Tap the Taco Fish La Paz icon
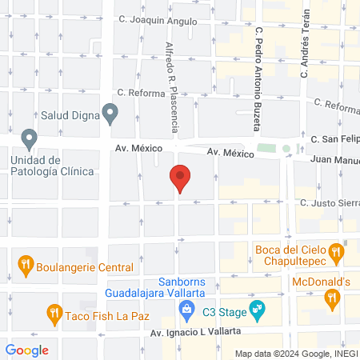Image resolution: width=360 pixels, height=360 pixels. point(54,312)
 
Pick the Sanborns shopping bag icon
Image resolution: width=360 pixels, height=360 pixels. point(186,307)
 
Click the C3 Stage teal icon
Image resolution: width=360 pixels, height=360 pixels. point(257,307)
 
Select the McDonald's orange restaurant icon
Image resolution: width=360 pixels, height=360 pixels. point(331,298)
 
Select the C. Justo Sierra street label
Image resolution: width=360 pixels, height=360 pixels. point(330,204)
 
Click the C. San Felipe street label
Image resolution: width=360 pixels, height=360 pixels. point(335,138)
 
